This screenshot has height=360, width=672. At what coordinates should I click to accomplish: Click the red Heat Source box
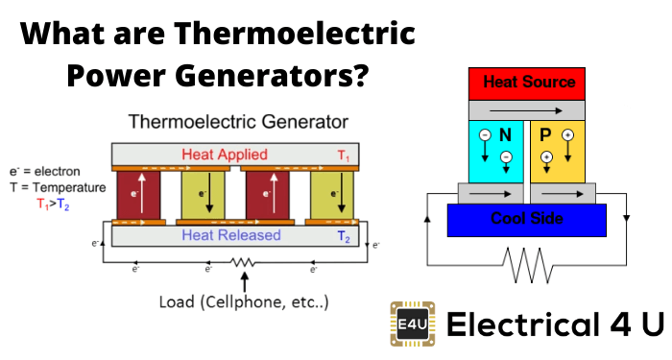pos(527,84)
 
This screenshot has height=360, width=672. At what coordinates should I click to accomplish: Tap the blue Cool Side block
pos(527,220)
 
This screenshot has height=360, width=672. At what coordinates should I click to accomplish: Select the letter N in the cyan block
pos(505,135)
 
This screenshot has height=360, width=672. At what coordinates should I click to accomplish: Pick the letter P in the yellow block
pos(545,135)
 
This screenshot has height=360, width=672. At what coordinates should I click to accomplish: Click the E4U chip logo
pos(413,324)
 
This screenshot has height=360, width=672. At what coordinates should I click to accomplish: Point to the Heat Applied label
pos(225,155)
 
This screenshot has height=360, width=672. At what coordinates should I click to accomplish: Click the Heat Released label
pos(231,235)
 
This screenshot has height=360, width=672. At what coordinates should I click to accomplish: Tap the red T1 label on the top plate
pos(344,156)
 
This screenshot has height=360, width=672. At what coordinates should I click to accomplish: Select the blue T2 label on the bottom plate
pos(344,236)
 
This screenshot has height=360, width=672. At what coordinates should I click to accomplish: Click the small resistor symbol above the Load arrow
pos(243,262)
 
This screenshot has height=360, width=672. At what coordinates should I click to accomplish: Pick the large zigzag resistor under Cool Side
pos(527,265)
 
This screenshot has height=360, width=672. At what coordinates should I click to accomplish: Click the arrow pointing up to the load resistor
pos(244,283)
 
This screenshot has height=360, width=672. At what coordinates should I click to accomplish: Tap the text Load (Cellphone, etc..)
pos(244,302)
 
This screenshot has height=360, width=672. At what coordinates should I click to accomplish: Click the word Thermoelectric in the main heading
pos(295,33)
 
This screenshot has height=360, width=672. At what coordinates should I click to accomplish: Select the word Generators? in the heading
pos(272,76)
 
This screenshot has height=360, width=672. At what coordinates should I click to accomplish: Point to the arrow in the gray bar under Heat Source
pos(526,111)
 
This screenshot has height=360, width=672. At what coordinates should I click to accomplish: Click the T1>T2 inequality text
pos(53,204)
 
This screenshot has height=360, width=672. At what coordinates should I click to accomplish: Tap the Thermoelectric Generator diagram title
pos(238,122)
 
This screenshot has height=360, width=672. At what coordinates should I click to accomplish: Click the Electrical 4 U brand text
pos(555,324)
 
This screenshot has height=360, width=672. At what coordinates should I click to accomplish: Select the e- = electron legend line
pos(44,172)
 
